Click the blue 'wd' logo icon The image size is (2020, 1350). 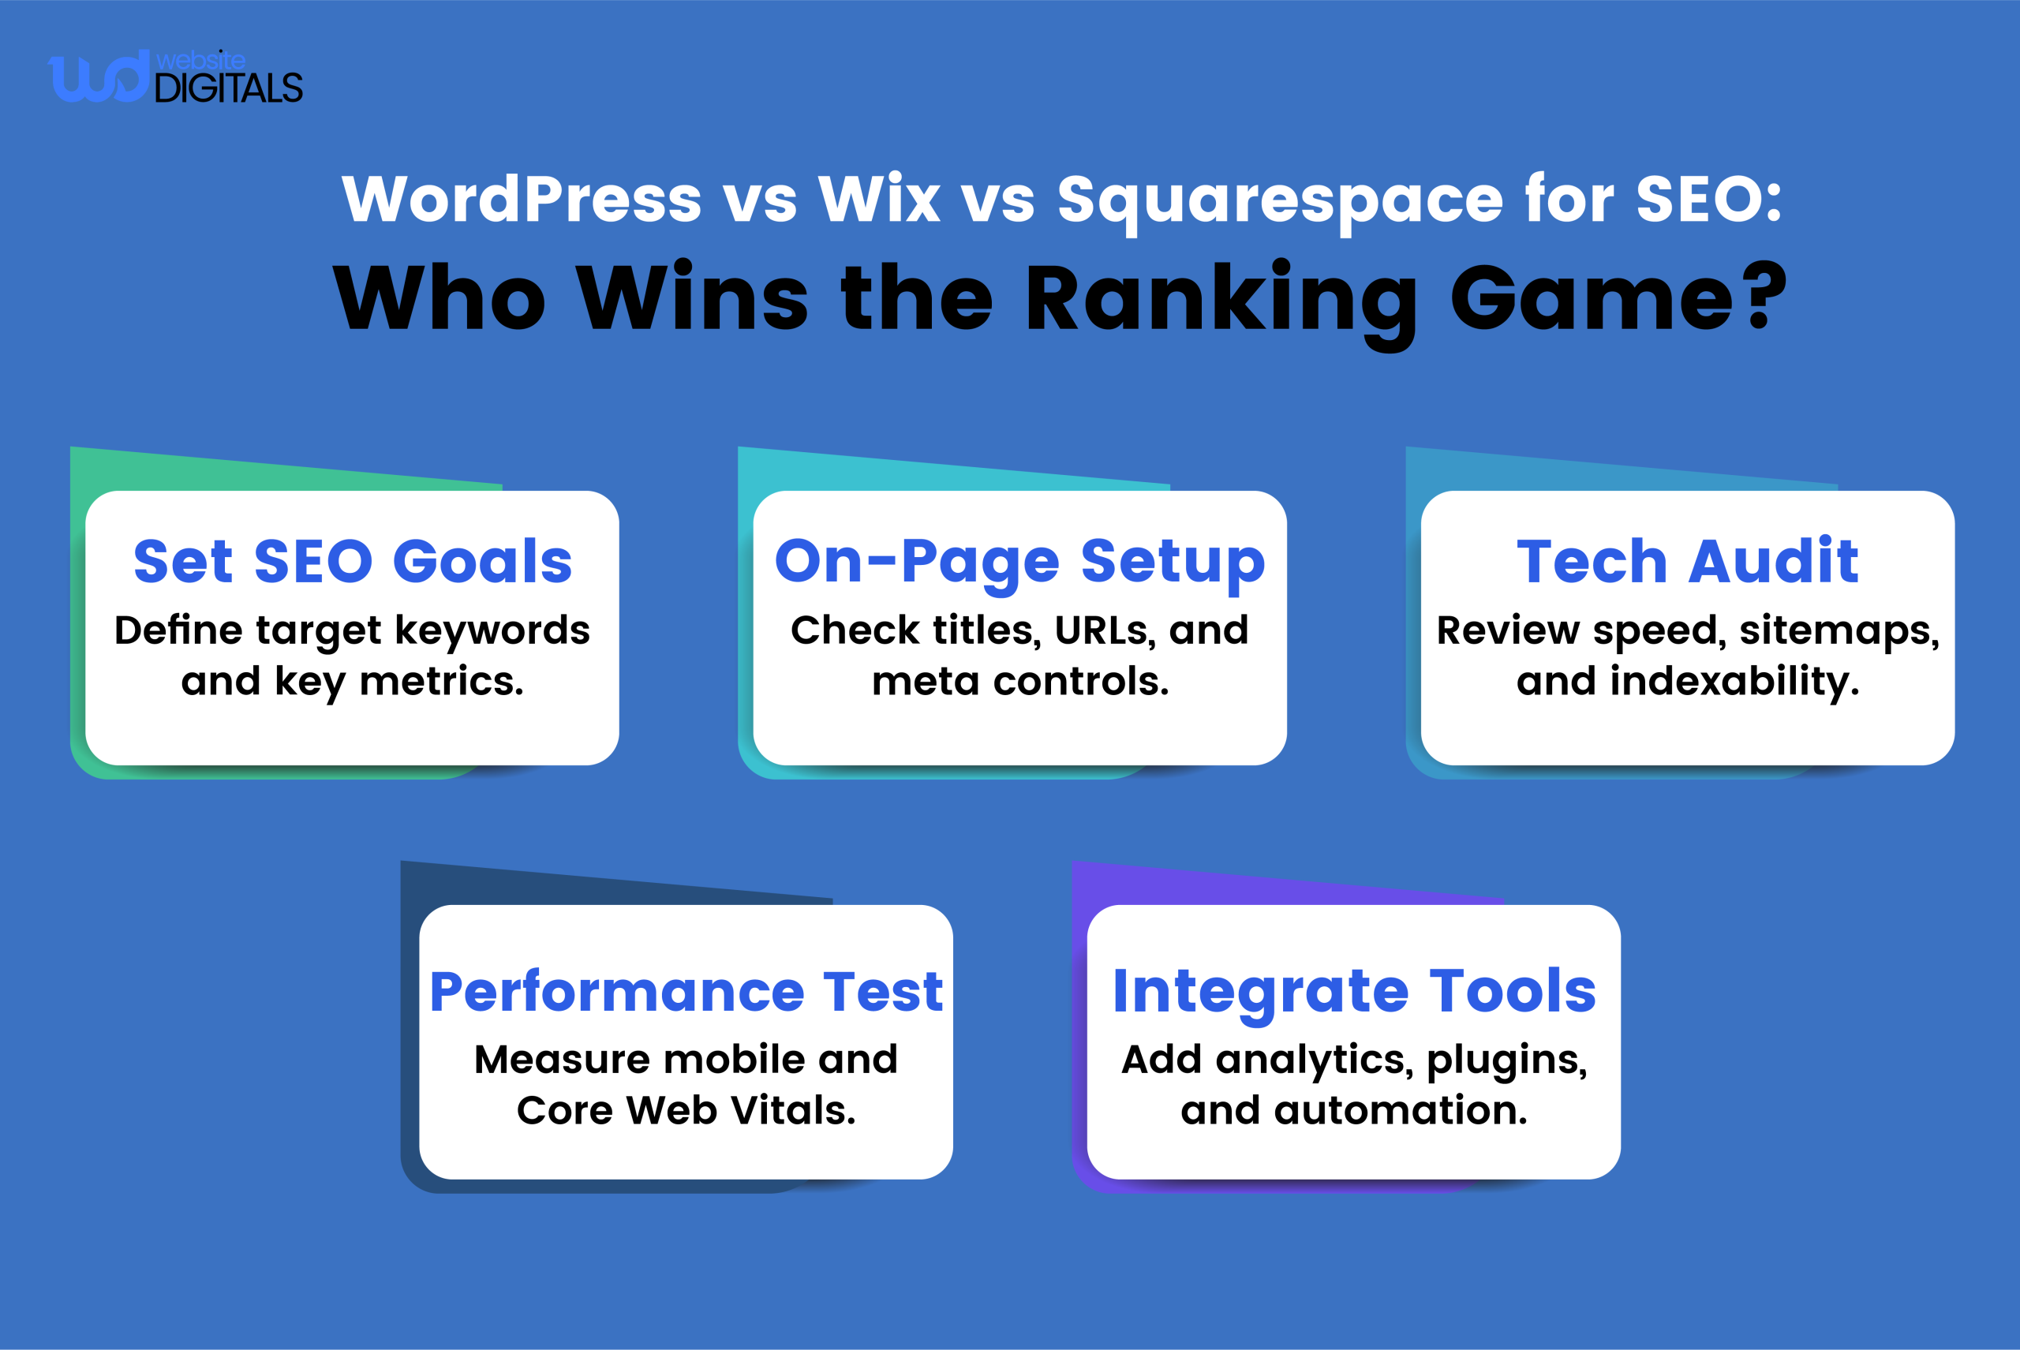[x=97, y=77]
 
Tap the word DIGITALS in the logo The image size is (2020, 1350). [x=228, y=88]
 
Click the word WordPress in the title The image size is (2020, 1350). [x=522, y=200]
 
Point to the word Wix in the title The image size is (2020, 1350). [x=878, y=200]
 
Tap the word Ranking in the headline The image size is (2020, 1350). [x=1220, y=301]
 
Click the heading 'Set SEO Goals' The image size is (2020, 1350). [x=353, y=561]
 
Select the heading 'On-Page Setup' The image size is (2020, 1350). [x=1019, y=561]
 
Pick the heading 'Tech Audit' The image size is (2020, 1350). [x=1687, y=561]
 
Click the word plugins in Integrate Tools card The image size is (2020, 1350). [x=1506, y=1060]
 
